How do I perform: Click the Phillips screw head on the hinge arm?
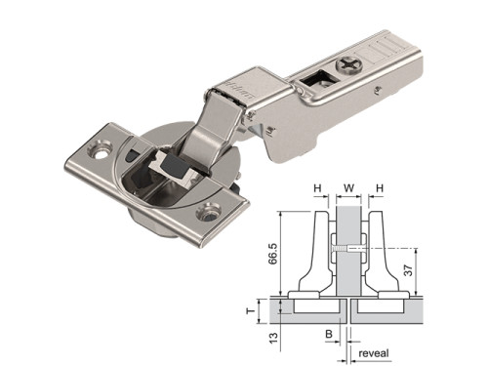[x=350, y=64]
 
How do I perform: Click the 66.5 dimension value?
[x=273, y=252]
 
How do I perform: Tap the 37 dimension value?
[x=408, y=270]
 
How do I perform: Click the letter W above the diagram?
[x=348, y=188]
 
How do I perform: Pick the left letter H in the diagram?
[x=317, y=188]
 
